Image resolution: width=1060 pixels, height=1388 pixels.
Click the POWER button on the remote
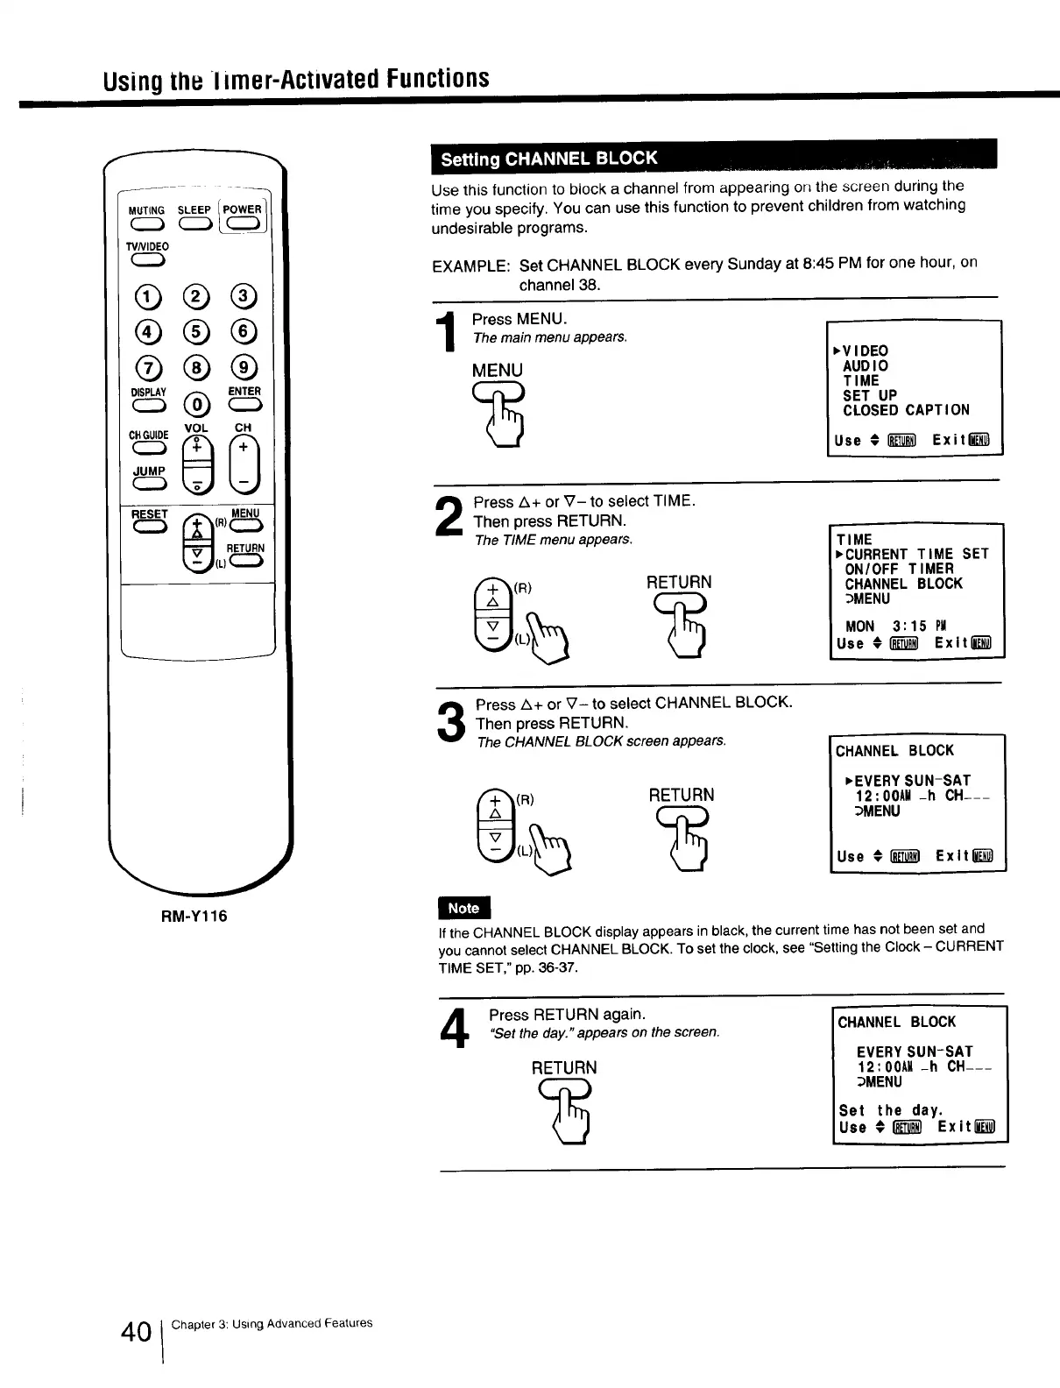243,227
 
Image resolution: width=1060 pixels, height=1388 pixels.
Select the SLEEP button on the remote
194,227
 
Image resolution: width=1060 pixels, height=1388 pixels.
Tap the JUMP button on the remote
147,486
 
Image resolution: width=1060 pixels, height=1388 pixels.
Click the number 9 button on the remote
244,366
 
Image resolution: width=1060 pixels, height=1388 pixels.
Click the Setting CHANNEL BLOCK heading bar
714,159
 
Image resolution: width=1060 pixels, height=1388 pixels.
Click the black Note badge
463,909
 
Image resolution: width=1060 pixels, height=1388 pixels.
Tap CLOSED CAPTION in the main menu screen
906,410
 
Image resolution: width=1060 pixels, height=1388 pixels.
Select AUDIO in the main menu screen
866,365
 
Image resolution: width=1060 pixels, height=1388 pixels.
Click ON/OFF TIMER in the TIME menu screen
899,569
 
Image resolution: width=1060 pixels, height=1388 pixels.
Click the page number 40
137,1333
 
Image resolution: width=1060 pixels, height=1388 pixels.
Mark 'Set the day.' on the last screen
890,1110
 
